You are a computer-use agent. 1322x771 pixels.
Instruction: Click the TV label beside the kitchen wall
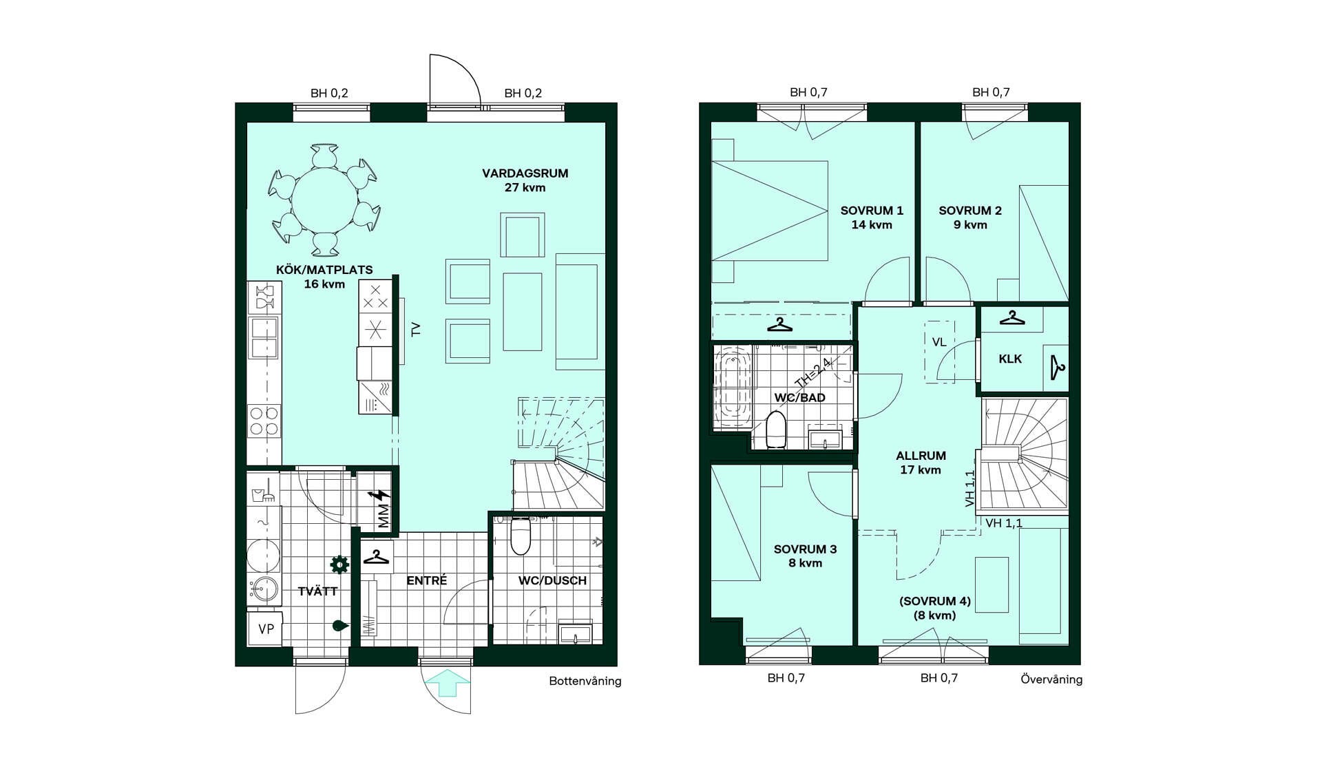(x=415, y=330)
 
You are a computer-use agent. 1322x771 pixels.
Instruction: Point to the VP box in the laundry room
(x=266, y=629)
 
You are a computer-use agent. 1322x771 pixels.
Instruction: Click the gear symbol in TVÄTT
(x=339, y=564)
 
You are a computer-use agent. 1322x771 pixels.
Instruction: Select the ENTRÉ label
(x=426, y=580)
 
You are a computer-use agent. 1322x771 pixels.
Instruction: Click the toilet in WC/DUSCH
(x=521, y=536)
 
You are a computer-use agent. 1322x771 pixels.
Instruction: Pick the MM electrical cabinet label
(x=384, y=516)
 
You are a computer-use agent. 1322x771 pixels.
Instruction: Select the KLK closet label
(x=1010, y=359)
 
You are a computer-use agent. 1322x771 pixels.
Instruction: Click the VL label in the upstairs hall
(x=939, y=342)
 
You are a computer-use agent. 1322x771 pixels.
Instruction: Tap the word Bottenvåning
(x=585, y=681)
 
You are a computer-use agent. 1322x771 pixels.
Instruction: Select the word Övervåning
(x=1051, y=679)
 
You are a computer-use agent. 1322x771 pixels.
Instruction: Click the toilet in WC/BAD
(x=776, y=430)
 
